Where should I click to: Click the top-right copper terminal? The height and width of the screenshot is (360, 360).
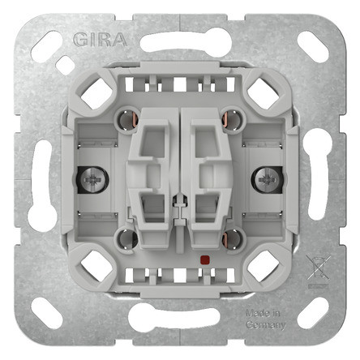tap(231, 118)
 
